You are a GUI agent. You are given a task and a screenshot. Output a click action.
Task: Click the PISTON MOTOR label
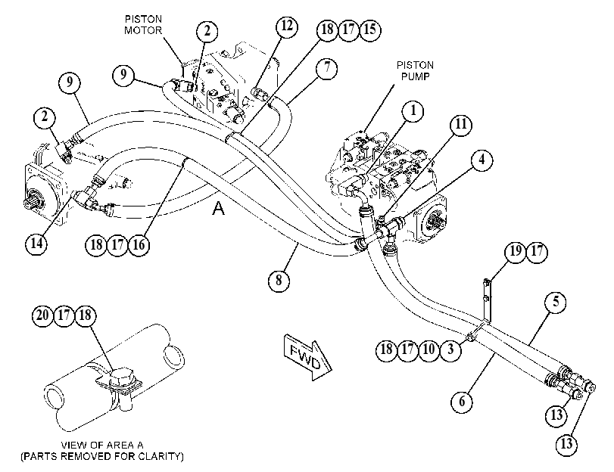143,25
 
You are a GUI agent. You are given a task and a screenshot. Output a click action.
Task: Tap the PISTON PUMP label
415,70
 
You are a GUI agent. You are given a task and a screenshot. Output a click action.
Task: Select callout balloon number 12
287,26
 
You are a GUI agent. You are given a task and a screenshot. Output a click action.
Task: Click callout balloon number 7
327,69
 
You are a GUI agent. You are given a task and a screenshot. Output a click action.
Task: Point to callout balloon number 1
413,111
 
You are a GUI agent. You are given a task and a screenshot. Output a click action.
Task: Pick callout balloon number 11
461,124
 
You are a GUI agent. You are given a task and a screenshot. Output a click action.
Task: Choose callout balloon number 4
482,160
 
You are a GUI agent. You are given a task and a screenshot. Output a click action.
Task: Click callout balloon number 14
36,244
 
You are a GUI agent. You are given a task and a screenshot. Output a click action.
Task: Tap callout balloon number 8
279,280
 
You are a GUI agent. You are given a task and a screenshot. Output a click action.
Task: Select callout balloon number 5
556,302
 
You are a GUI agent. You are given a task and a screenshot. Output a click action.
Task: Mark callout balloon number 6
462,401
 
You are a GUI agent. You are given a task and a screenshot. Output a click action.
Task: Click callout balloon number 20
42,315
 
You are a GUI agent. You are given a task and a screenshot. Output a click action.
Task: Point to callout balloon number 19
516,251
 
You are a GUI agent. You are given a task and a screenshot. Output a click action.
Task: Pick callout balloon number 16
139,245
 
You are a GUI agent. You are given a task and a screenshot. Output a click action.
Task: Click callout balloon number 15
370,29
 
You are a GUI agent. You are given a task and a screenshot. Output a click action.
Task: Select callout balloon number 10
429,349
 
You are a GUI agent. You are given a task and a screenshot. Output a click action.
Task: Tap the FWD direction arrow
308,357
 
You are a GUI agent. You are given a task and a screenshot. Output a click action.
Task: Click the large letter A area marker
219,208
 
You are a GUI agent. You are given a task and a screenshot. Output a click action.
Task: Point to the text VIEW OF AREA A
102,445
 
